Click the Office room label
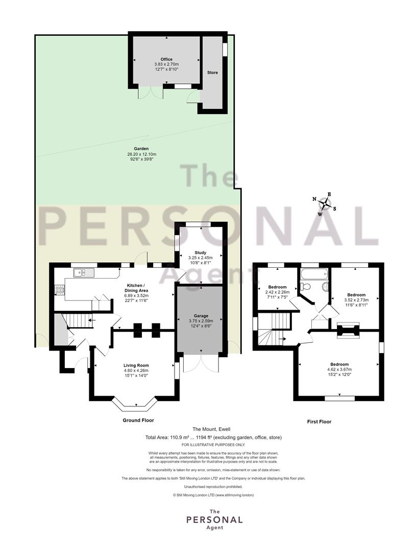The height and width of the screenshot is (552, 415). click(166, 59)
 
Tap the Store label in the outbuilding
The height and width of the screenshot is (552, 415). click(212, 73)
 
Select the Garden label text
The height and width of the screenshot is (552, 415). click(141, 149)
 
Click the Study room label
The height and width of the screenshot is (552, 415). click(201, 253)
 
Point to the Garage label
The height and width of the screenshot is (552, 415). click(201, 316)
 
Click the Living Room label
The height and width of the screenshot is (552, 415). click(136, 365)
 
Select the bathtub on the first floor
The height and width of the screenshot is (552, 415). click(314, 273)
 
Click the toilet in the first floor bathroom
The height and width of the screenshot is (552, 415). click(305, 286)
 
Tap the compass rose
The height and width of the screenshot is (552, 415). click(325, 204)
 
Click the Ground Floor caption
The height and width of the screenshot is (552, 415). click(138, 420)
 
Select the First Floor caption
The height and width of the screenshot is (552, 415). click(320, 421)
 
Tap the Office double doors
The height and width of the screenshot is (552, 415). click(151, 92)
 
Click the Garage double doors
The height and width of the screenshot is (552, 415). click(201, 362)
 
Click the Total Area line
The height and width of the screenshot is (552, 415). click(213, 438)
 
